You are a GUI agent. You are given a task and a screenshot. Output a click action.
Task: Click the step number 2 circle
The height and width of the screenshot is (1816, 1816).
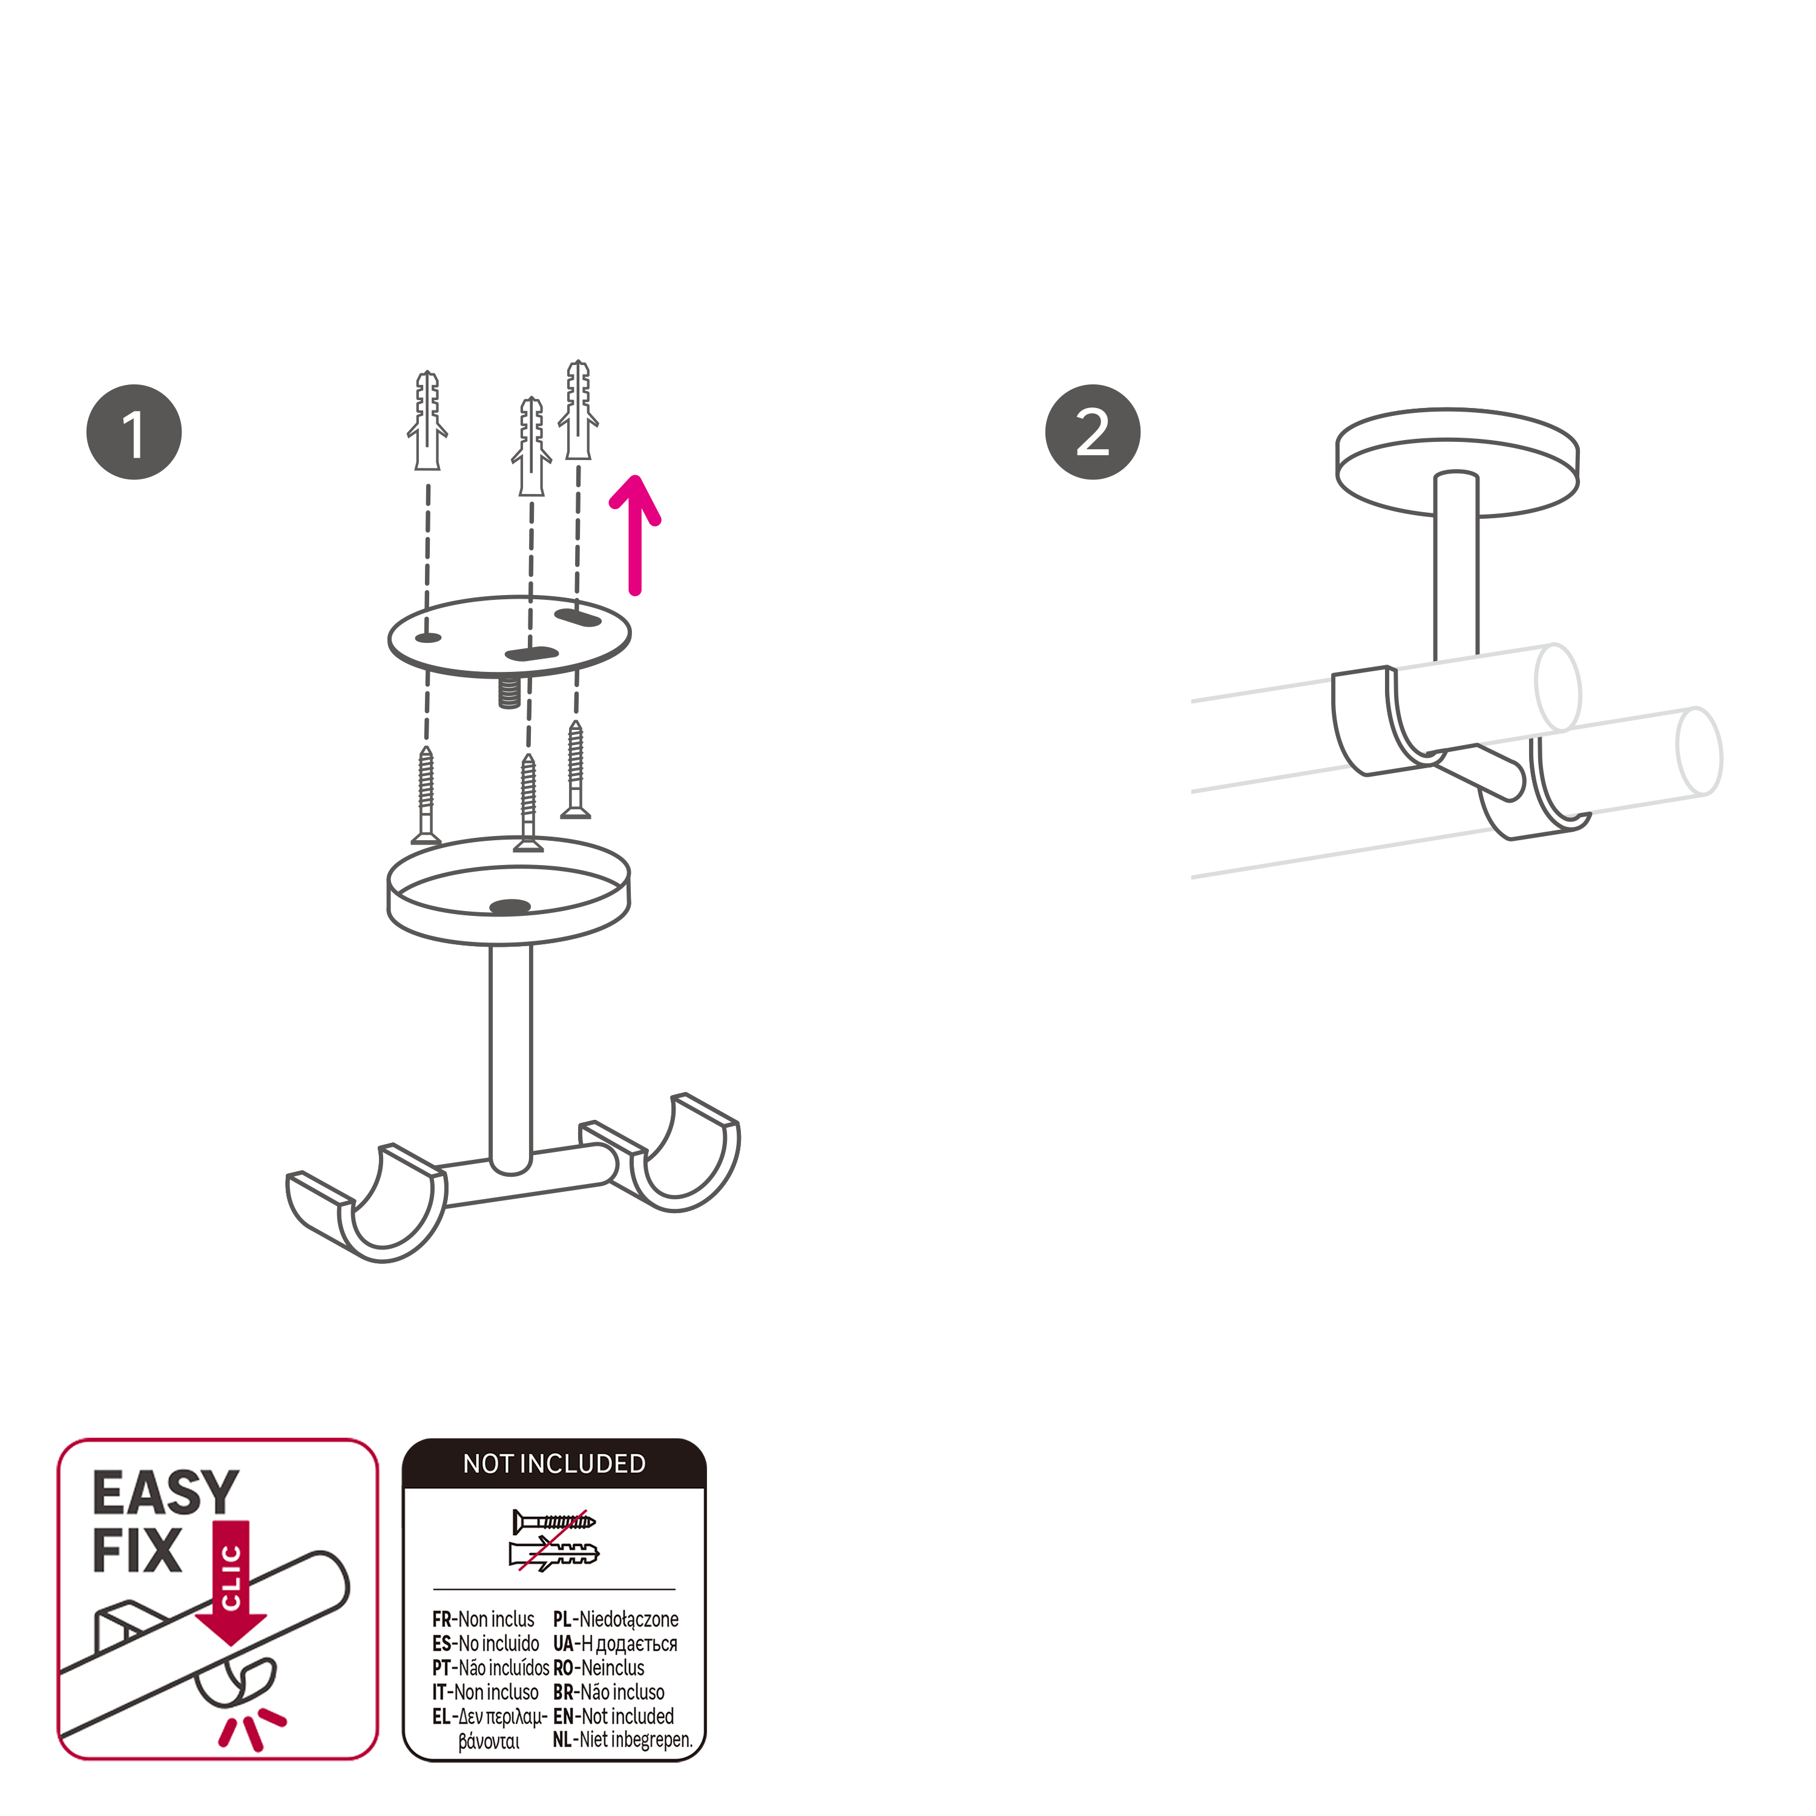pos(1092,432)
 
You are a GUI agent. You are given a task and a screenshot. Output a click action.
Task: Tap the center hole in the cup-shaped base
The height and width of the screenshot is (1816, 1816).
pos(510,907)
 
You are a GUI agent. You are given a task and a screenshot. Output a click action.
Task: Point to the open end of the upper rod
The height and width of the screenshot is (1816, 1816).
pos(1558,687)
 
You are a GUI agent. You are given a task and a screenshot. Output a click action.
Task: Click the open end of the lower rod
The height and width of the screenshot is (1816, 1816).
pos(1699,752)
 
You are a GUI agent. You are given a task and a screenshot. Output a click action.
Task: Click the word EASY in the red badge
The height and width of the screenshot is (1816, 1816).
pos(165,1493)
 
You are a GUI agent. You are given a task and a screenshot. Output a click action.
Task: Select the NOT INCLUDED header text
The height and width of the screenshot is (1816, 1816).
pos(554,1464)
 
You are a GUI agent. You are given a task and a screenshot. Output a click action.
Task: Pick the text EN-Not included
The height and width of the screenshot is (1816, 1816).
pos(613,1716)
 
